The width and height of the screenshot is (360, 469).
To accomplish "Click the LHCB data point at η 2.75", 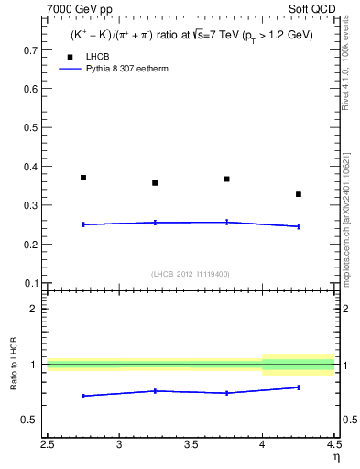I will (83, 178).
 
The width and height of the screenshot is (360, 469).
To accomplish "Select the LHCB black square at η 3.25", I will (155, 183).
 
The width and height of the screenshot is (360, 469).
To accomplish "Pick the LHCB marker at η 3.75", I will (226, 180).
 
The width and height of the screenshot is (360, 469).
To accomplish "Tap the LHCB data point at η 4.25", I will (299, 194).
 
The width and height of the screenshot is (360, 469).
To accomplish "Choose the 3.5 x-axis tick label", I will (191, 446).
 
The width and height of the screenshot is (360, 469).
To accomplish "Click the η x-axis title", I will (336, 458).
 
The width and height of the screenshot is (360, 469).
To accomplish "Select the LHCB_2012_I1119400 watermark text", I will (191, 273).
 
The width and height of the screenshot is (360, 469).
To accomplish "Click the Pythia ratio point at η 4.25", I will (299, 387).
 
